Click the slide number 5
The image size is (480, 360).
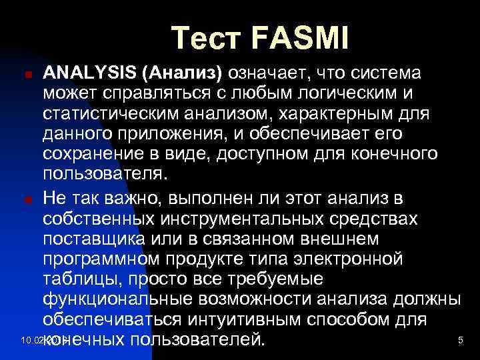point(460,341)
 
